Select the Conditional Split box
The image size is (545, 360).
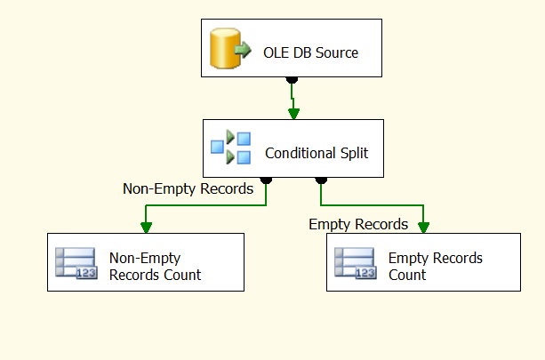pos(293,148)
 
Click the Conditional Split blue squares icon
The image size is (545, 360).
pos(230,148)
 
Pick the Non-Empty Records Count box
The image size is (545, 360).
pos(146,262)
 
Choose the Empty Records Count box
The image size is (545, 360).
pos(422,262)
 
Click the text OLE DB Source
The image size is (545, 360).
pos(311,52)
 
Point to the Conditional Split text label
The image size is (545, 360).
pos(317,154)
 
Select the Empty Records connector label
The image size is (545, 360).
pos(358,224)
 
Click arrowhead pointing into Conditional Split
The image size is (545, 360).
pos(293,113)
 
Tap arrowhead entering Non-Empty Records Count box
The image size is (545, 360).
pos(146,228)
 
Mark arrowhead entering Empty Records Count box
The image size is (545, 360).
pos(423,228)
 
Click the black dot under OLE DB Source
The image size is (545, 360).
pos(293,80)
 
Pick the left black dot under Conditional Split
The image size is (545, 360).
pos(266,180)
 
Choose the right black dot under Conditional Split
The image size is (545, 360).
pos(319,180)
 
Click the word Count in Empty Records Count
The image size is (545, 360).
pos(407,275)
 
